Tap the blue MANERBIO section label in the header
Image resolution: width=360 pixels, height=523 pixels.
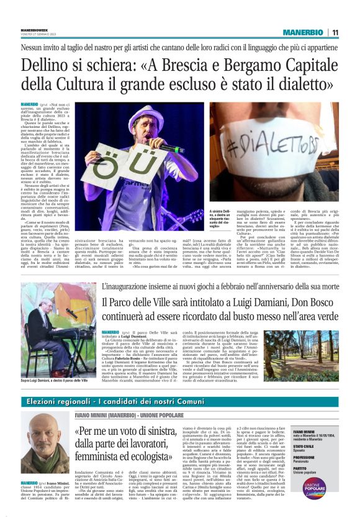[302, 32]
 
